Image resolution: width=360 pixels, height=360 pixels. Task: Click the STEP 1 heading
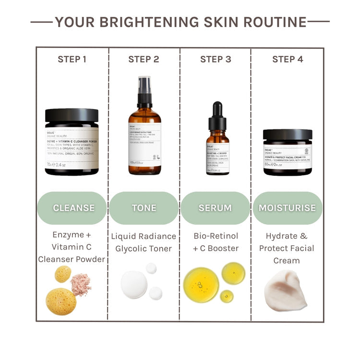(72, 60)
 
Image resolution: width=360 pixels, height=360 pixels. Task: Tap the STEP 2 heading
(144, 60)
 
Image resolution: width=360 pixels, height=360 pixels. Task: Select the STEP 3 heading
(216, 60)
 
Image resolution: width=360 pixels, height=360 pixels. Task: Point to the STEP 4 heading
(288, 60)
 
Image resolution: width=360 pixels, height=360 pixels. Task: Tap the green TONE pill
(144, 208)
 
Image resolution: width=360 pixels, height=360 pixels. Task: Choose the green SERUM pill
(215, 208)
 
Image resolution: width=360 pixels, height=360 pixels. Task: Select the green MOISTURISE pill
(288, 208)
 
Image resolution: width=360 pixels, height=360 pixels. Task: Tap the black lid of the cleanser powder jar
(72, 115)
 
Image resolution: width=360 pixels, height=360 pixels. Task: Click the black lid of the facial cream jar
(288, 135)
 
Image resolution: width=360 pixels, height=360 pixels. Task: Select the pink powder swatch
(81, 284)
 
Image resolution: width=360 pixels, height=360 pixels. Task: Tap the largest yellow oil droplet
(202, 285)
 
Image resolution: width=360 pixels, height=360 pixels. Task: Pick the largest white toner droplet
(134, 285)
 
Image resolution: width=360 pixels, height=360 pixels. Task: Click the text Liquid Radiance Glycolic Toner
(144, 242)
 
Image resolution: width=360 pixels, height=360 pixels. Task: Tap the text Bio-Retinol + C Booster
(216, 242)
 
